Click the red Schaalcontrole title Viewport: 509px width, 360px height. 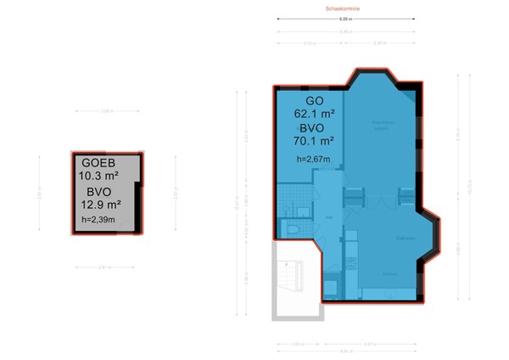tap(343, 8)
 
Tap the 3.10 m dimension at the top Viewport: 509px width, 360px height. tap(310, 42)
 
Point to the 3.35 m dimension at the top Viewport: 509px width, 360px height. tap(381, 42)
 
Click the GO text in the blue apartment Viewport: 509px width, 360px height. tap(303, 99)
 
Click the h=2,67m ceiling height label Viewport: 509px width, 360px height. tap(311, 159)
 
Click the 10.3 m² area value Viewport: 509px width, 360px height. tap(98, 176)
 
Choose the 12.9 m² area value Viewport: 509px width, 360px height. tap(102, 204)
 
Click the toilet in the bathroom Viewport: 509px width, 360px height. tap(291, 230)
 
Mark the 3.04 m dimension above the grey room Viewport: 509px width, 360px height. tap(107, 111)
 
